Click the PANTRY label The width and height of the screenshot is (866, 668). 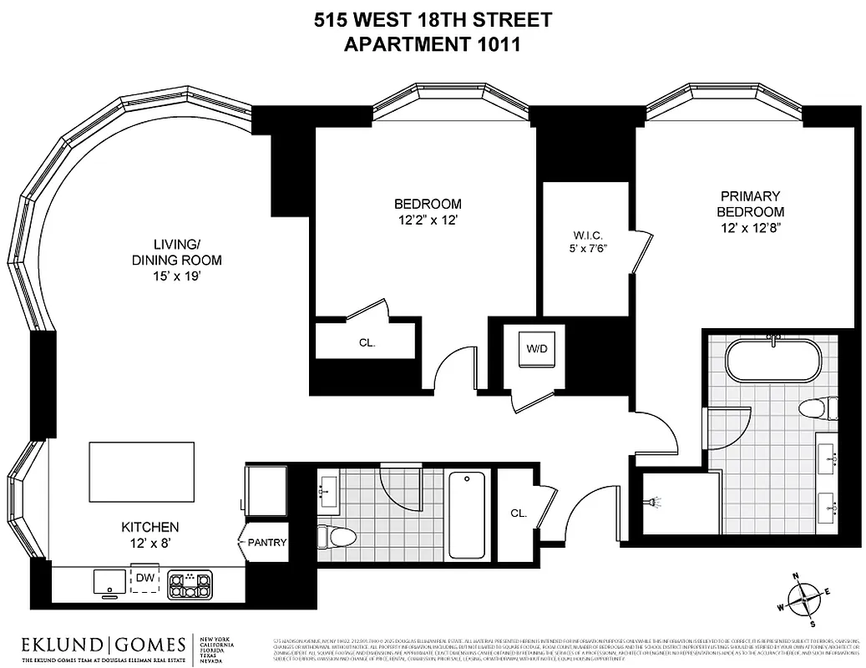click(267, 543)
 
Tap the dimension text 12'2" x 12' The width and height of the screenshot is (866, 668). click(428, 220)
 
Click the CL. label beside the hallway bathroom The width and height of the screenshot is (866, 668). click(519, 513)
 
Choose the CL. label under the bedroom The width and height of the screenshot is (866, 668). click(367, 342)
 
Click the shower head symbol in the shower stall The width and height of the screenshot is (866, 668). click(651, 503)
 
